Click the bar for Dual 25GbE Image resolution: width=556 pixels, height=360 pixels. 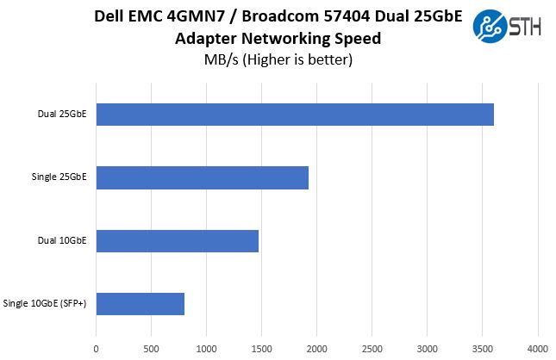[295, 115]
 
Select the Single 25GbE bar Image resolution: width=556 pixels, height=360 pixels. [203, 177]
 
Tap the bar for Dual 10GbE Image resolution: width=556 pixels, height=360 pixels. [178, 240]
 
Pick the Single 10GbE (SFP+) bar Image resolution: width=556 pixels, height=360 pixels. [141, 303]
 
